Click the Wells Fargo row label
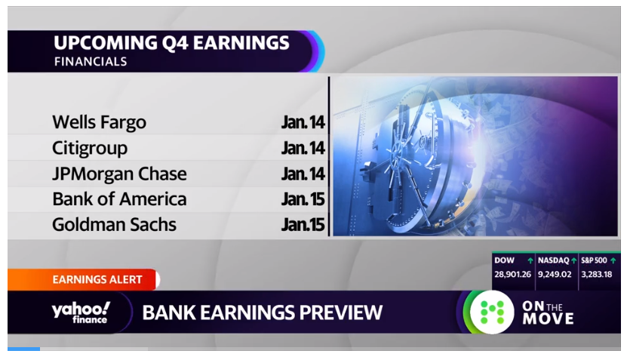click(99, 122)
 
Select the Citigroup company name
click(90, 149)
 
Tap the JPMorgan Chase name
click(119, 174)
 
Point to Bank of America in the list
click(119, 199)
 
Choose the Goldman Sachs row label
click(114, 225)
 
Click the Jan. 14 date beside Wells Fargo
click(303, 122)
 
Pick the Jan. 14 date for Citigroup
click(303, 149)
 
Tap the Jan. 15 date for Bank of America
click(303, 199)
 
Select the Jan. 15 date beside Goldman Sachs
click(303, 225)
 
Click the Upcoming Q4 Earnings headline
click(171, 43)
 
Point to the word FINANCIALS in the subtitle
click(91, 62)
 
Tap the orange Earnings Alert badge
click(84, 279)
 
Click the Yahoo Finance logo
click(81, 312)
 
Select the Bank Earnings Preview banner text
click(263, 312)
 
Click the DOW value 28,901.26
click(512, 275)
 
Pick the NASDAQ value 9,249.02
click(555, 275)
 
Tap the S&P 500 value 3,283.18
click(597, 275)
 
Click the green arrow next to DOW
click(530, 261)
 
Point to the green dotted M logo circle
click(492, 312)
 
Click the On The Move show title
click(548, 312)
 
